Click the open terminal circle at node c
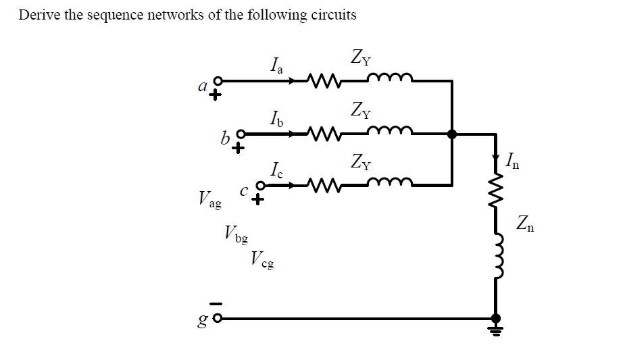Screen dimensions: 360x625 259,184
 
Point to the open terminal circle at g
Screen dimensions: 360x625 218,318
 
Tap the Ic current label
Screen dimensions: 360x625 275,169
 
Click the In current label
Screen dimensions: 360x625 511,161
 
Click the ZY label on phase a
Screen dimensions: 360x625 361,59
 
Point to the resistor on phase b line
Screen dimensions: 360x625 323,134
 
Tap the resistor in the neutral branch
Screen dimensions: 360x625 497,195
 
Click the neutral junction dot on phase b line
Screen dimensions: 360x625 452,134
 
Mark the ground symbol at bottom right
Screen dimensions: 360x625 497,330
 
